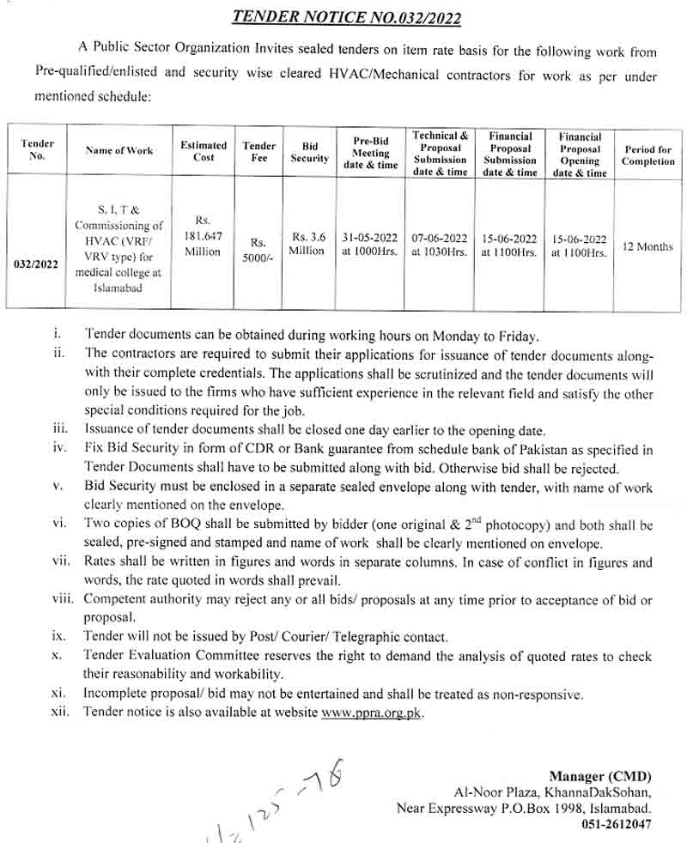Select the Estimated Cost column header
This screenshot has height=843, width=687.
pyautogui.click(x=204, y=151)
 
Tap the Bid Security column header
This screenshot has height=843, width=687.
pyautogui.click(x=310, y=153)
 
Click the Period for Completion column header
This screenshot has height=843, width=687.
pyautogui.click(x=648, y=155)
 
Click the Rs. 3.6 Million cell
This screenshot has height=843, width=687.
pyautogui.click(x=308, y=244)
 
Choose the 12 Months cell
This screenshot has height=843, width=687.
pyautogui.click(x=647, y=246)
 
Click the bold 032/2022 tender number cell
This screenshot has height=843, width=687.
pyautogui.click(x=37, y=264)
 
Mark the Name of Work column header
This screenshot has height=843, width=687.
pyautogui.click(x=119, y=151)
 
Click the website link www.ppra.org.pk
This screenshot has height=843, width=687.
pyautogui.click(x=372, y=713)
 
